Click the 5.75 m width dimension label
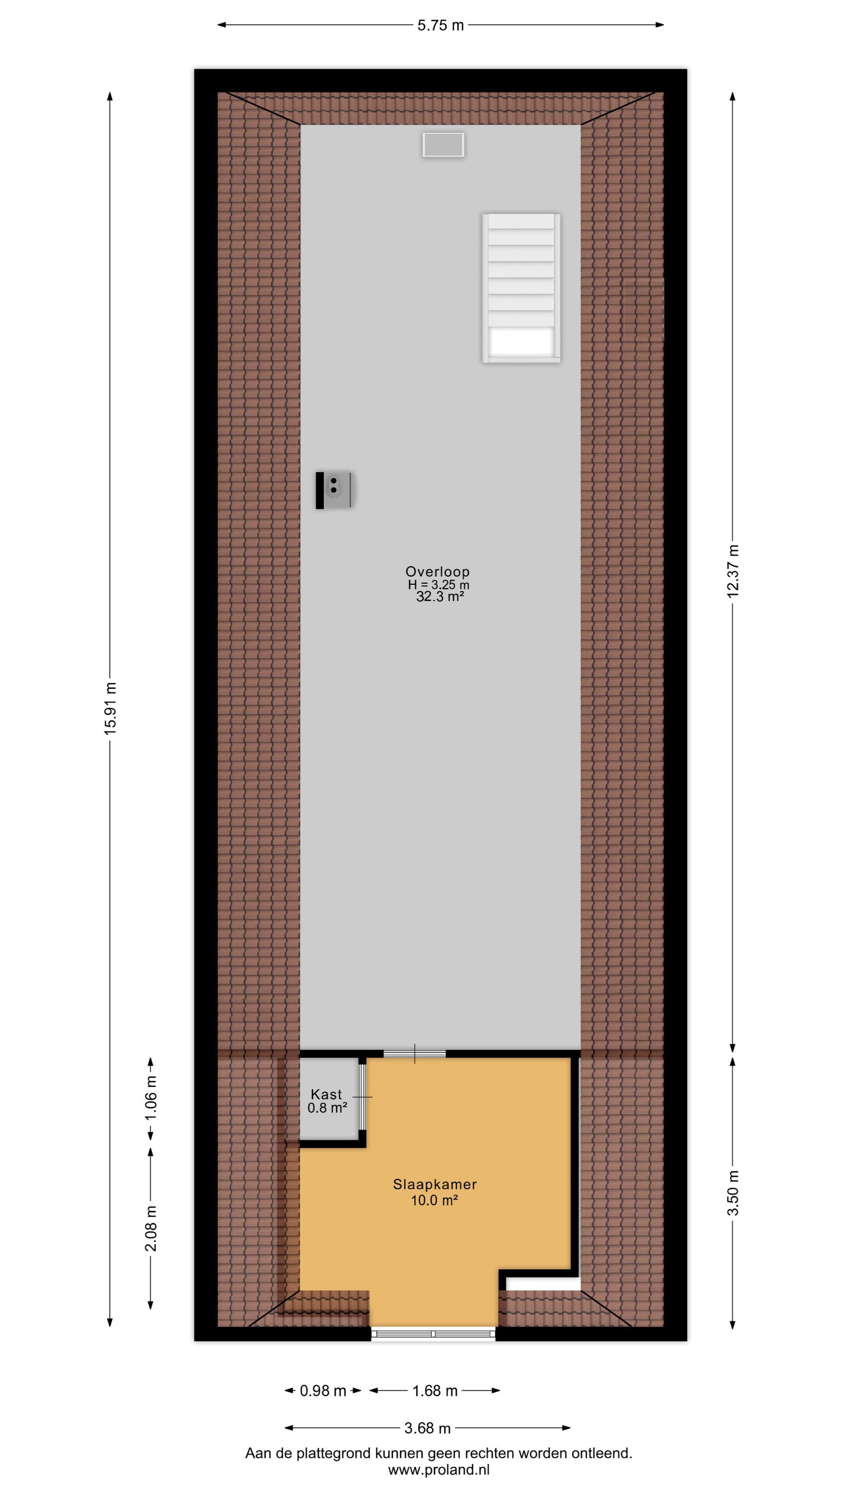point(440,25)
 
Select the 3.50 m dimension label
point(733,1192)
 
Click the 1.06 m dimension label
point(151,1098)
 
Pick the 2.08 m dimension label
point(151,1228)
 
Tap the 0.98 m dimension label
point(323,1390)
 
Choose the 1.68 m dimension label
point(435,1390)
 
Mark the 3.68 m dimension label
point(428,1428)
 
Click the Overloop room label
point(438,572)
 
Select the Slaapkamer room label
point(435,1185)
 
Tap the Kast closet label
point(326,1094)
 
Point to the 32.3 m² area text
point(440,597)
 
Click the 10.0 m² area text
point(435,1200)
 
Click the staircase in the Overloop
point(521,288)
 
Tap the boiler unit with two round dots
point(334,490)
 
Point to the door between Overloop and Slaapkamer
point(414,1054)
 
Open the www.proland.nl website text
point(439,1470)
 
